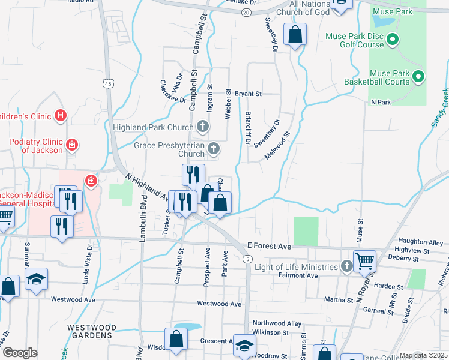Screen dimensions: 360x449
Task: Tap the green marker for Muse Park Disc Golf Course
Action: (393, 40)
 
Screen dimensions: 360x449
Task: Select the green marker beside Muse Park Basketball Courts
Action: (418, 77)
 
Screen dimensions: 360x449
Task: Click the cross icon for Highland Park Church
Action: (203, 127)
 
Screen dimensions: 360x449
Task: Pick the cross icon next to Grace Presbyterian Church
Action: (213, 148)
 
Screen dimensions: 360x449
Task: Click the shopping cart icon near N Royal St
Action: (364, 261)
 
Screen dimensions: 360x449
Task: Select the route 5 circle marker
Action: (247, 259)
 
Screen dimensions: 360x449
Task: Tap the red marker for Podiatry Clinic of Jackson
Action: (71, 145)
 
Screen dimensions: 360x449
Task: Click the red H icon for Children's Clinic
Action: (59, 115)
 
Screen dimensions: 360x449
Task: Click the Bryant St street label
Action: (248, 94)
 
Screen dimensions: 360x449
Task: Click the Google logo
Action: (20, 353)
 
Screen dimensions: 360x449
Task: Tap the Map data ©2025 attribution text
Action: (424, 355)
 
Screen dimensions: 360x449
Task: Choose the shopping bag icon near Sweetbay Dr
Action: (295, 35)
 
